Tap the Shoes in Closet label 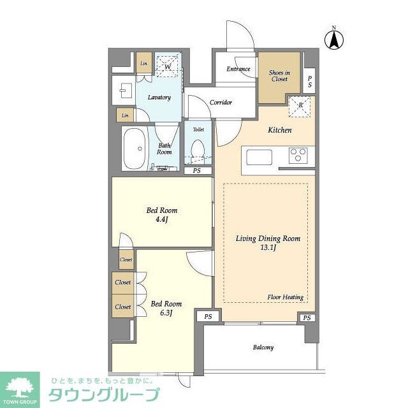click(279, 76)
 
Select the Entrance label click(235, 69)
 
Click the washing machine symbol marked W click(168, 66)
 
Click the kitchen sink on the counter click(258, 157)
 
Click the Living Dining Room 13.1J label click(259, 244)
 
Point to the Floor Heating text click(285, 297)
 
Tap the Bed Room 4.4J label click(161, 215)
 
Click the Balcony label click(263, 347)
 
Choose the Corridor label click(221, 103)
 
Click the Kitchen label click(279, 130)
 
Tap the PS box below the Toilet click(196, 171)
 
